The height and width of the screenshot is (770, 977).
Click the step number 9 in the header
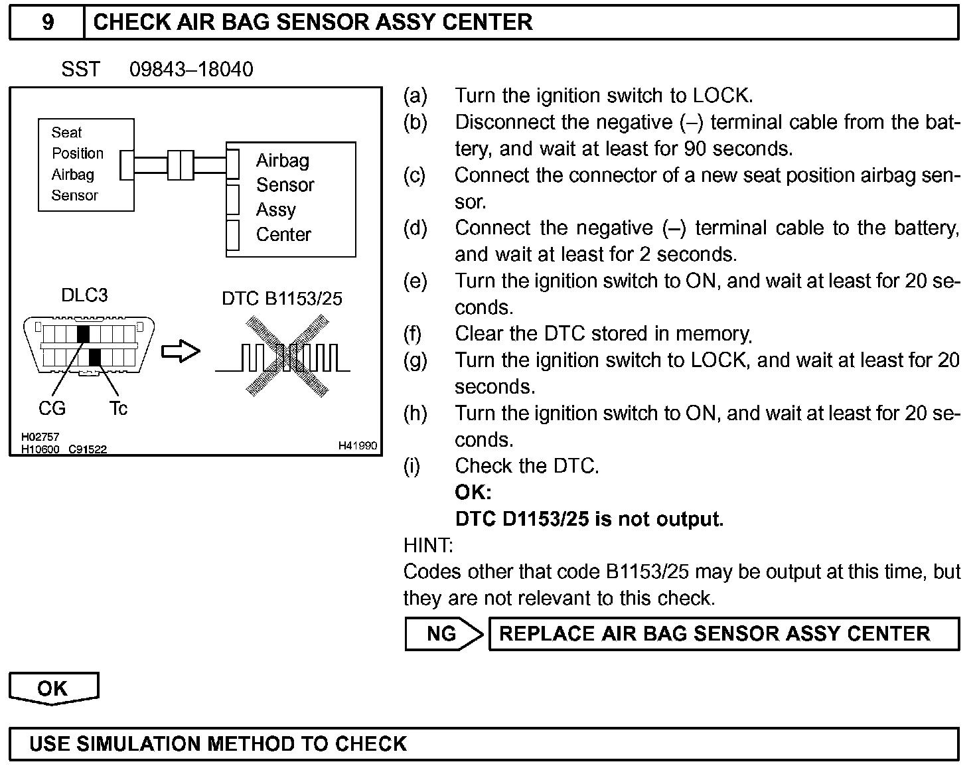[x=47, y=22]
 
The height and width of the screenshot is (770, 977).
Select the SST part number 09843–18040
[x=191, y=70]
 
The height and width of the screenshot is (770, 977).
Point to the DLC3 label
[x=84, y=295]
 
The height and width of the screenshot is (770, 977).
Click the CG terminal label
[x=52, y=408]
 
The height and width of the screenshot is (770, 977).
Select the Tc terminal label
[x=118, y=408]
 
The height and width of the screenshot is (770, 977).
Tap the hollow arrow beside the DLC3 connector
[x=181, y=351]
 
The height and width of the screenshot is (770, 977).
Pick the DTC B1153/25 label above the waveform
[x=282, y=299]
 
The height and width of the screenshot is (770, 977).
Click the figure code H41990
[x=357, y=445]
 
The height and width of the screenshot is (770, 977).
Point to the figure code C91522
[x=88, y=449]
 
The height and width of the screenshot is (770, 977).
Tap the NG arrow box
[x=443, y=634]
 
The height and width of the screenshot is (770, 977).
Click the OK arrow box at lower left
[x=53, y=688]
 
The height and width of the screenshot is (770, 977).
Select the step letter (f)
[x=413, y=333]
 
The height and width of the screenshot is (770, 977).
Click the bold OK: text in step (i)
[x=473, y=493]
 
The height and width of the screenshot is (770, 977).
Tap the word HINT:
[x=428, y=546]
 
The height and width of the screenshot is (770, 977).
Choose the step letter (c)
[x=415, y=175]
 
